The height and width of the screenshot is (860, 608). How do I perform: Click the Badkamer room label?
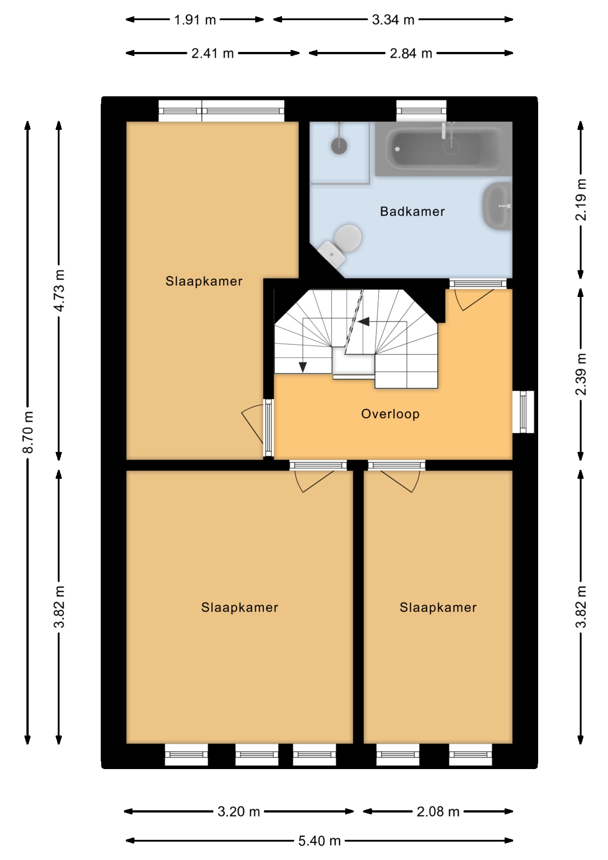click(412, 211)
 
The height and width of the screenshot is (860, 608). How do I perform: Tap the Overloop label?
click(390, 414)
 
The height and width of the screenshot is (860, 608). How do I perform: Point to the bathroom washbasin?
click(497, 206)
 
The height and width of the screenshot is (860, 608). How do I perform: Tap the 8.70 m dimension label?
click(28, 432)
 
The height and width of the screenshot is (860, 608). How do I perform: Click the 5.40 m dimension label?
click(320, 841)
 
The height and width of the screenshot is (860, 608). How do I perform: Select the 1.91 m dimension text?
click(195, 20)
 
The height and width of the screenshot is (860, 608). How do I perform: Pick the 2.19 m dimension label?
click(581, 200)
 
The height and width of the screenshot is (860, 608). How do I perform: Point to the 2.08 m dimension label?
click(438, 811)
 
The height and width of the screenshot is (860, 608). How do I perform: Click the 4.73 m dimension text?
click(59, 291)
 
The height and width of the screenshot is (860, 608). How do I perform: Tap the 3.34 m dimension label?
click(393, 20)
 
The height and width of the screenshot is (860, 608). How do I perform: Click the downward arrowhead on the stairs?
click(303, 367)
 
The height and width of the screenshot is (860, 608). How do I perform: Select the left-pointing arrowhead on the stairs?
click(363, 321)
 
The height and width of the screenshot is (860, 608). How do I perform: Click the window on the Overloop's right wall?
click(523, 412)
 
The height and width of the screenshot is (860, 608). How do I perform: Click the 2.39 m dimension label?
click(581, 374)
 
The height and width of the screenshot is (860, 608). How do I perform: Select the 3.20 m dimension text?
click(239, 811)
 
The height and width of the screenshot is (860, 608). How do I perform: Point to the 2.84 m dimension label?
click(411, 53)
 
